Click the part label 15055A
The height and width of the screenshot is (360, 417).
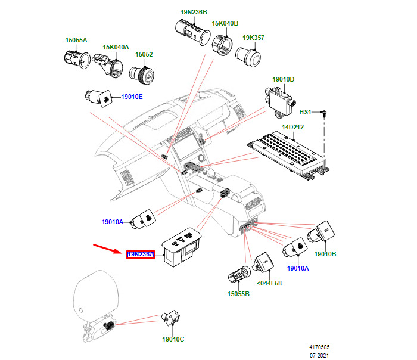coord(76,40)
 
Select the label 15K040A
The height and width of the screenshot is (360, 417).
coord(116,47)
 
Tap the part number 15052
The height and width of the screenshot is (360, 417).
coord(144,54)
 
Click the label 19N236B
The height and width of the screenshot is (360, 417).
coord(194,12)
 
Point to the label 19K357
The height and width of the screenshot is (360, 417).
coord(253,38)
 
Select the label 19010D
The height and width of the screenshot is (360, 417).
coord(284,79)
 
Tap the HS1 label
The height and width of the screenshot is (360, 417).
coord(306,112)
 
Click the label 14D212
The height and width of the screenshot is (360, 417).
coord(293,127)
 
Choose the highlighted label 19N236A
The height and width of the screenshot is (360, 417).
coord(140,255)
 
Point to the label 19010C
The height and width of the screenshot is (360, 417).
coord(173,339)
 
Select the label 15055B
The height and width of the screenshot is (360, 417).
coord(238,294)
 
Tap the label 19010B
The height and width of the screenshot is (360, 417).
coord(325,254)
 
